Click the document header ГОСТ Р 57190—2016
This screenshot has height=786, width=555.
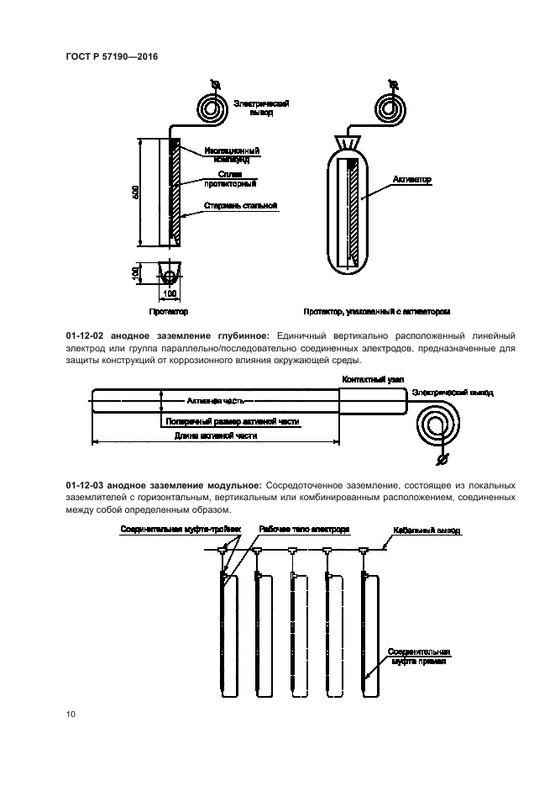112,57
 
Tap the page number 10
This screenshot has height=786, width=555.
71,715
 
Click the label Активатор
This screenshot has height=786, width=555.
411,179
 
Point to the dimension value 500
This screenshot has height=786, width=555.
136,193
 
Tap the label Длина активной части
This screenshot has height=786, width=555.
215,436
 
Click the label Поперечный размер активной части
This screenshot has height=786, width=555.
233,420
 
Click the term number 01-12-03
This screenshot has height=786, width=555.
86,486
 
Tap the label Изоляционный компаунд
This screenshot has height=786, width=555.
231,153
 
